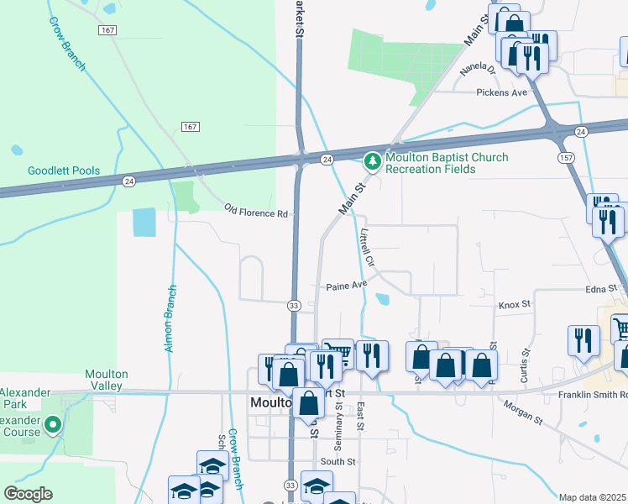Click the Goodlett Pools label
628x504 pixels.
tap(63, 171)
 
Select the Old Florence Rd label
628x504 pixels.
tap(256, 213)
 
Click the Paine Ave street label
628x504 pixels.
tap(347, 286)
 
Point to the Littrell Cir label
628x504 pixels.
tap(367, 248)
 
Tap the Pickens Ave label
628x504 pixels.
tap(501, 92)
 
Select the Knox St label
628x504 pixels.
tap(515, 305)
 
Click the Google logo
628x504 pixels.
tap(27, 494)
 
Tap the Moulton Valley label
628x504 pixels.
tap(107, 380)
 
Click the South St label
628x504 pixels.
tap(338, 461)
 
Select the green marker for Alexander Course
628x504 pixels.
tap(53, 426)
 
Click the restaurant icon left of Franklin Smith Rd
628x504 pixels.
tap(583, 340)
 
